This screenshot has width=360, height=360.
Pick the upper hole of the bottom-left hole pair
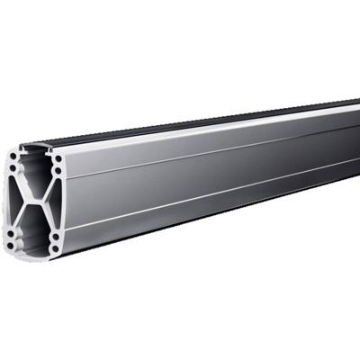click(10, 232)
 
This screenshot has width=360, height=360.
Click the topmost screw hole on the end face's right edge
click(58, 159)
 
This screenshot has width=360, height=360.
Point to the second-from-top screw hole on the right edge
click(58, 169)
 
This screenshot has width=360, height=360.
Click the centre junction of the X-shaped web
click(34, 200)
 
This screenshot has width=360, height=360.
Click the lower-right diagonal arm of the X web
click(44, 214)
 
